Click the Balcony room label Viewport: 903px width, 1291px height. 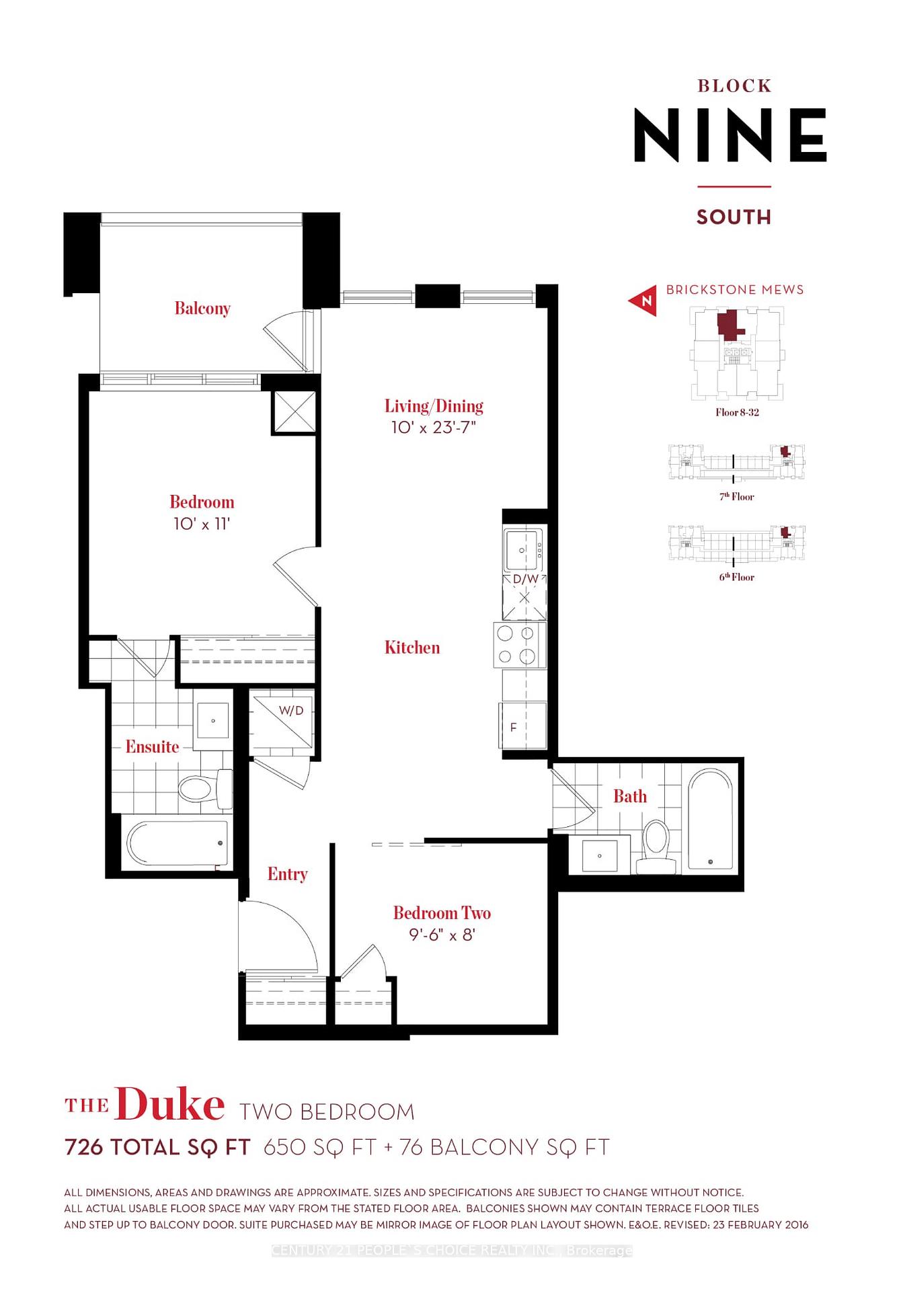(x=202, y=309)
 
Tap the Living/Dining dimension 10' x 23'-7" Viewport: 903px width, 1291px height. (x=434, y=428)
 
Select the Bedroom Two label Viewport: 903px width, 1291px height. (x=442, y=913)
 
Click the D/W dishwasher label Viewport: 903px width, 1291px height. (x=525, y=579)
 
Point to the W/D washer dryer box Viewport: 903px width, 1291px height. (x=282, y=719)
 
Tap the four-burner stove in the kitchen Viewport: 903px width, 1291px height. (x=519, y=645)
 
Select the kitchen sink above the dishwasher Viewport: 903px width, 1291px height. (x=524, y=549)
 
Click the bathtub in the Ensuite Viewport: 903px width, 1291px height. (x=177, y=843)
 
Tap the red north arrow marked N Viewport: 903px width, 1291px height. (x=643, y=300)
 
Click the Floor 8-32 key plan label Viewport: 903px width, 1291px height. (x=737, y=412)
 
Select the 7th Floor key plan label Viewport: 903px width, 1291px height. (x=737, y=497)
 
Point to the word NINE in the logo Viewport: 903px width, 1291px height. (x=730, y=136)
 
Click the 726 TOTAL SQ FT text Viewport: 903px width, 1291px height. (x=157, y=1147)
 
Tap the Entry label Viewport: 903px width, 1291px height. (x=288, y=874)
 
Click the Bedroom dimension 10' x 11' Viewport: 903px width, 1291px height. (x=202, y=524)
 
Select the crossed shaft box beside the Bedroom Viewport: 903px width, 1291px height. (x=294, y=412)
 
